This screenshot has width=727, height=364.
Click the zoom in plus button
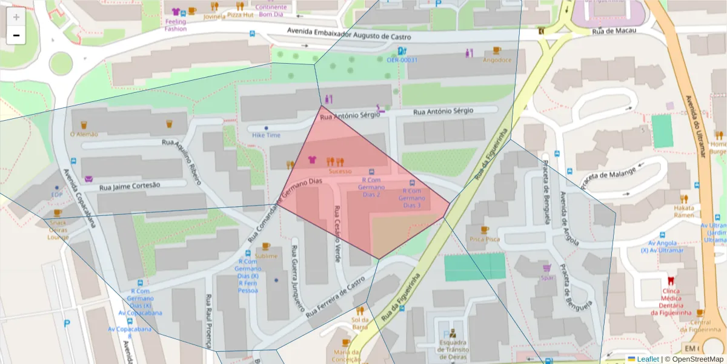pos(16,17)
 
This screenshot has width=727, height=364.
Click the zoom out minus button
pos(16,35)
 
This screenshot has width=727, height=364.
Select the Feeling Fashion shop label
pos(176,25)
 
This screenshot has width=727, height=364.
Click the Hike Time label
pos(266,135)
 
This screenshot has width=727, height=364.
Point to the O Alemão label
pos(84,134)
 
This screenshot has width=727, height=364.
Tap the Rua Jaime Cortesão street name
pos(130,186)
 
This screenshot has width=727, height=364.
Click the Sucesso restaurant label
pos(340,172)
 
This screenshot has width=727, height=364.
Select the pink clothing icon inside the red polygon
pos(313,160)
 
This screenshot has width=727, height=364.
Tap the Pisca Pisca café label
pos(484,239)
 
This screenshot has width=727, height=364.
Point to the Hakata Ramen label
pos(684,211)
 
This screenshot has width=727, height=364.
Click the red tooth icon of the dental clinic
pos(671,281)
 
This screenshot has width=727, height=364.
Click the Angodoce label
pos(497,60)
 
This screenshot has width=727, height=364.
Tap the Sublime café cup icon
pos(266,246)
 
